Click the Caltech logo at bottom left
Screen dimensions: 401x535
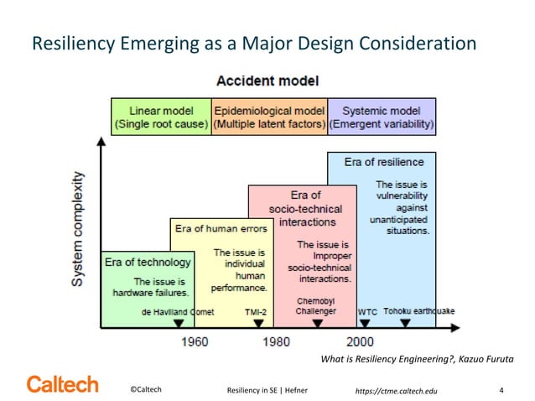(62, 386)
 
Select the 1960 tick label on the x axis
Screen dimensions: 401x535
(195, 341)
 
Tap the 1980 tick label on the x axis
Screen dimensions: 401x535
(277, 341)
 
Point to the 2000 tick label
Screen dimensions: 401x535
(360, 341)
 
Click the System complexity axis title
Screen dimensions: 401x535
(77, 229)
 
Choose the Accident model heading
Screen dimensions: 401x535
(267, 81)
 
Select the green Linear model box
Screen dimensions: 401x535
(161, 117)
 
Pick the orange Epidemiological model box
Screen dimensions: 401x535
(269, 117)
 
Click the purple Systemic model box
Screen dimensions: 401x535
(382, 117)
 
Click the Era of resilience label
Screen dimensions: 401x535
(384, 161)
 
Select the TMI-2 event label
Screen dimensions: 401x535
(255, 311)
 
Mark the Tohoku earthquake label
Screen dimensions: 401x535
(419, 311)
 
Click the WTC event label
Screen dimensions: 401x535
(367, 311)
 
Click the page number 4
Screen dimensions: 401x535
(501, 390)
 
